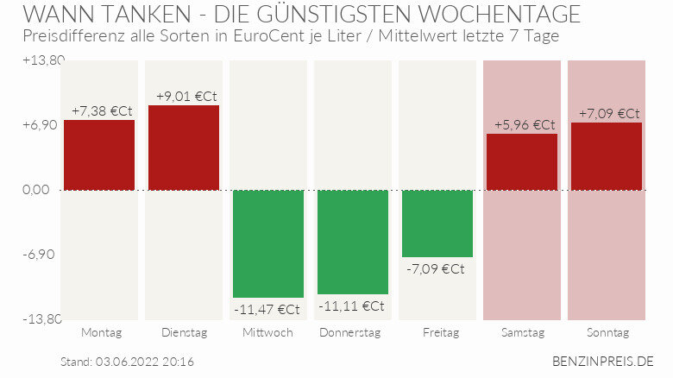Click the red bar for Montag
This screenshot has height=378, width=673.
pos(99,155)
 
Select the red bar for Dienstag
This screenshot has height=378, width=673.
pos(184,148)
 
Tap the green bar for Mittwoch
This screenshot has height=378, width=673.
pos(268,243)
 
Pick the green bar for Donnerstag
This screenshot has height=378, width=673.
pos(353,242)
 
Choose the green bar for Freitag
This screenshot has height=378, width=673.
pos(437,224)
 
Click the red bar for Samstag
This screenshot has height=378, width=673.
pos(522,162)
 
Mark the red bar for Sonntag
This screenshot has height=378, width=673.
pos(607,156)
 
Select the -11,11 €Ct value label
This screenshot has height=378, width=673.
pos(351,306)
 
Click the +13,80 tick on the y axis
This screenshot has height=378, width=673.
pos(43,60)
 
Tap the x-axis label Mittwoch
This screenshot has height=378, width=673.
pos(267,332)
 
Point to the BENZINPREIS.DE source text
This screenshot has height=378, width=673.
pos(603,361)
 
